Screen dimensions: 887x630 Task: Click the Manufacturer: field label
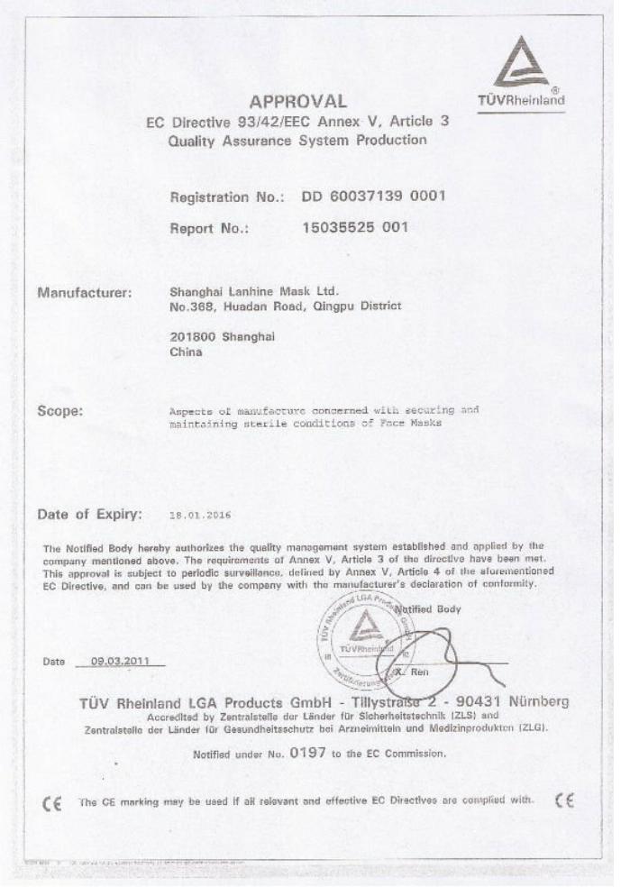[85, 293]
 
